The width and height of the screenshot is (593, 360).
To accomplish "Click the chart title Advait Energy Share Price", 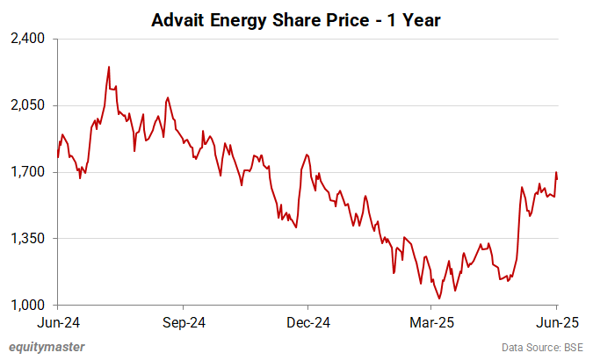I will click(x=296, y=19).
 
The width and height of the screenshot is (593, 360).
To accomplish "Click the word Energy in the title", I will click(x=235, y=19).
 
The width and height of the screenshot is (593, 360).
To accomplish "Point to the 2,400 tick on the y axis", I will click(x=30, y=39).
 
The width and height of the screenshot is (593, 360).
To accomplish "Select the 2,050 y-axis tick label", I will click(x=30, y=105).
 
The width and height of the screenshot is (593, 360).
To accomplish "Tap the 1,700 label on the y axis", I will click(x=30, y=172).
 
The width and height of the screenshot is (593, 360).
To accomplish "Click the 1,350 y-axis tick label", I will click(x=30, y=239).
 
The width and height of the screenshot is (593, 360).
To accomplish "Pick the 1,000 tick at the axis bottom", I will click(x=30, y=306).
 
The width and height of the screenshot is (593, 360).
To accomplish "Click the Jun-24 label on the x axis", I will click(x=58, y=322).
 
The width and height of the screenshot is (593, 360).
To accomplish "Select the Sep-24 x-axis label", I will click(x=183, y=322).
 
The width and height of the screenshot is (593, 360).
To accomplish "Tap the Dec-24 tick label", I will click(x=308, y=322).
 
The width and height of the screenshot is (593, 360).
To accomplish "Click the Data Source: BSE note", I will click(x=542, y=348).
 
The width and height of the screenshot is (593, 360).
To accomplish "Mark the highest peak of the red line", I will click(x=108, y=67).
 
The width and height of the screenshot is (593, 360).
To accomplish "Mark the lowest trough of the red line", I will click(x=438, y=299).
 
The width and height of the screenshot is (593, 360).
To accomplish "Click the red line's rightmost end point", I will click(x=557, y=178).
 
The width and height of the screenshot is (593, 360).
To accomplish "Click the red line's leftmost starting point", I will click(x=58, y=157).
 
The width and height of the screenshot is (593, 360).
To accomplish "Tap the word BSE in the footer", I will click(x=572, y=348).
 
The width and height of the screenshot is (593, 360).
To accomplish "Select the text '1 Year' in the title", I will click(x=416, y=19).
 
